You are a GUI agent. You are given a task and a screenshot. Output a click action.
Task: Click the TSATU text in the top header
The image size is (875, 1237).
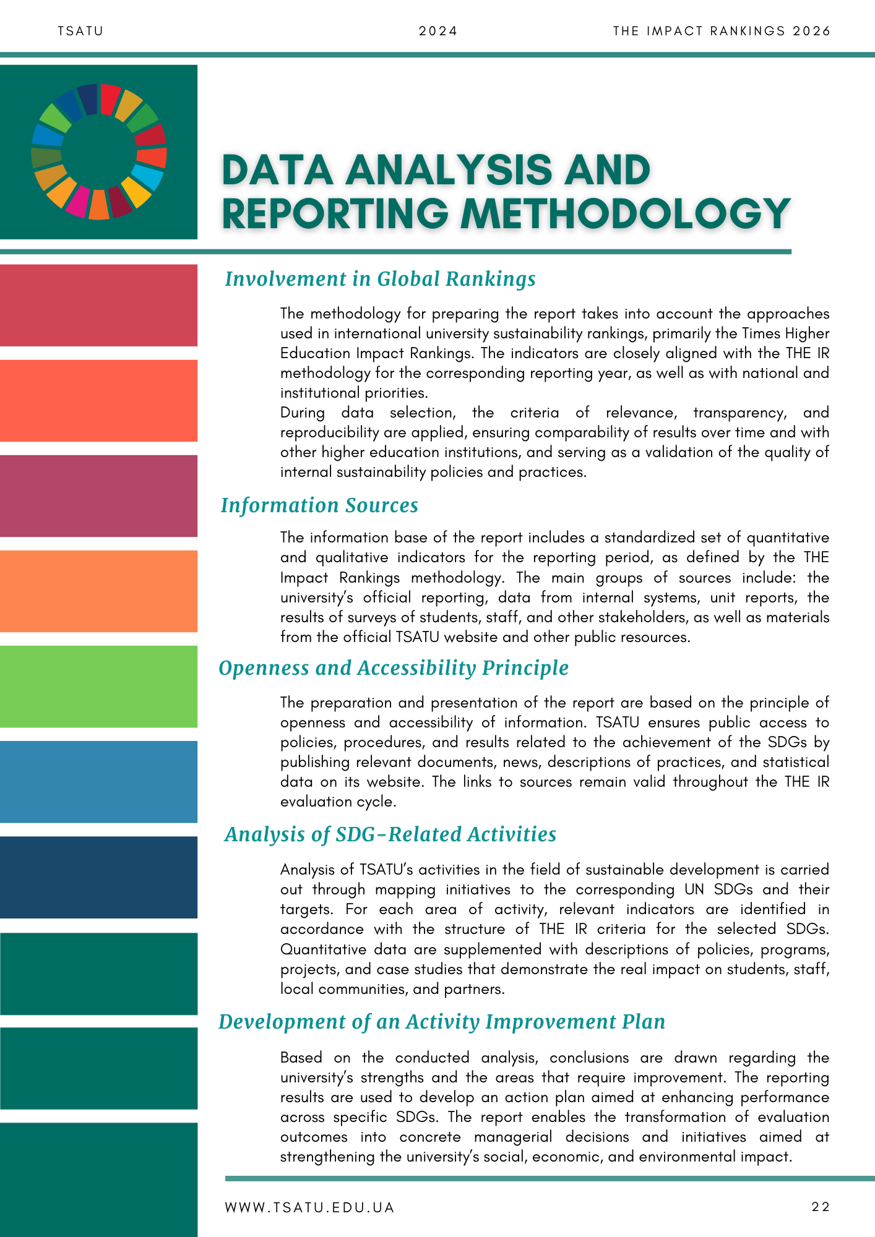point(80,31)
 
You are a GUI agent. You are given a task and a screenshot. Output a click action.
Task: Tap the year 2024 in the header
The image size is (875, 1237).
point(438,31)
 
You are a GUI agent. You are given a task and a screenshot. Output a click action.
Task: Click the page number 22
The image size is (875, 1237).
point(821,1207)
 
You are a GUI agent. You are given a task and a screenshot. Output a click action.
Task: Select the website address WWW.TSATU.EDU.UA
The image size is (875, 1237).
point(309,1207)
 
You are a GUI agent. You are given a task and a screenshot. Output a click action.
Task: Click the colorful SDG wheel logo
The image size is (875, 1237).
point(99,152)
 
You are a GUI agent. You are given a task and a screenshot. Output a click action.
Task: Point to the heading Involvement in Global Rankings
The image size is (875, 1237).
point(380,279)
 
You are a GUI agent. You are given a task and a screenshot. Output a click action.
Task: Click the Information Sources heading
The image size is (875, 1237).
point(319,505)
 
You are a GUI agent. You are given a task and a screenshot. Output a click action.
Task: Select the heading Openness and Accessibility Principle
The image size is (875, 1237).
point(394,668)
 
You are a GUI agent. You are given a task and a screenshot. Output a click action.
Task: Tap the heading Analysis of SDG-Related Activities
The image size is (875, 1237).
point(390,834)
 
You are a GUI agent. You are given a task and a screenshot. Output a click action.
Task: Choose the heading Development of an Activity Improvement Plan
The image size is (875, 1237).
point(442,1022)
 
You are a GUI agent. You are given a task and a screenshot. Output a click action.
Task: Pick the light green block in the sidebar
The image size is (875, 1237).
point(98,687)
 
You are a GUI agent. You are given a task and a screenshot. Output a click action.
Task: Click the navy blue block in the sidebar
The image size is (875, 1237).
point(98,877)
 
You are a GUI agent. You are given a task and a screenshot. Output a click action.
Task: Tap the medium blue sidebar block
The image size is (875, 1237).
point(98,782)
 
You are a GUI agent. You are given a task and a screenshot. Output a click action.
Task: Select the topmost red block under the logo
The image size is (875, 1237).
point(98,306)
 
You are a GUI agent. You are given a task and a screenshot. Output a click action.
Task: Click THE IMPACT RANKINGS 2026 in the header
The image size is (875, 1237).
point(722,31)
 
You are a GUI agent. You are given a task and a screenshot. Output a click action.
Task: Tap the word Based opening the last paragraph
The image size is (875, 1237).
point(301,1058)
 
